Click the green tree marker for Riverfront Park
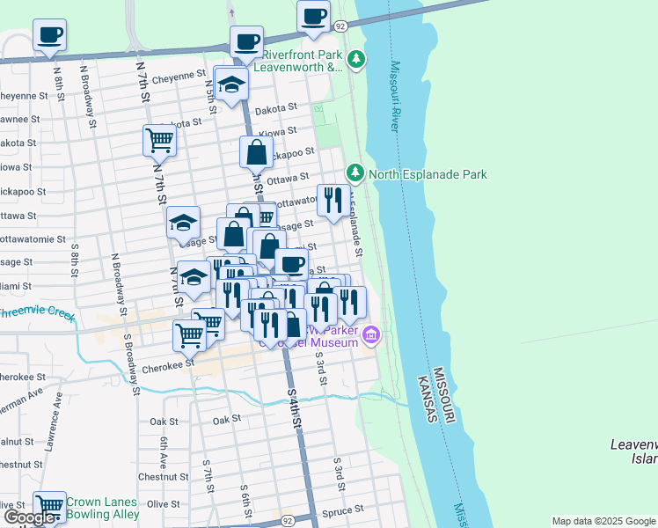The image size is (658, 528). coord(355,60)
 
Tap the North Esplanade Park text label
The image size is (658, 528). coord(428,174)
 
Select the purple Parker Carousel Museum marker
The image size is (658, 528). coord(371,335)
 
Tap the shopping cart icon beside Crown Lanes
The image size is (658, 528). coord(49,505)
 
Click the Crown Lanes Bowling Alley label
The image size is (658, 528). coord(102,507)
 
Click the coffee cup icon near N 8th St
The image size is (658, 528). coord(49,35)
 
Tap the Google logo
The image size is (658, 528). coord(30,517)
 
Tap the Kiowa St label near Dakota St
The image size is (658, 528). coord(278,131)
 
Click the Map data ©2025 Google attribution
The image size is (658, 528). coord(603,521)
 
